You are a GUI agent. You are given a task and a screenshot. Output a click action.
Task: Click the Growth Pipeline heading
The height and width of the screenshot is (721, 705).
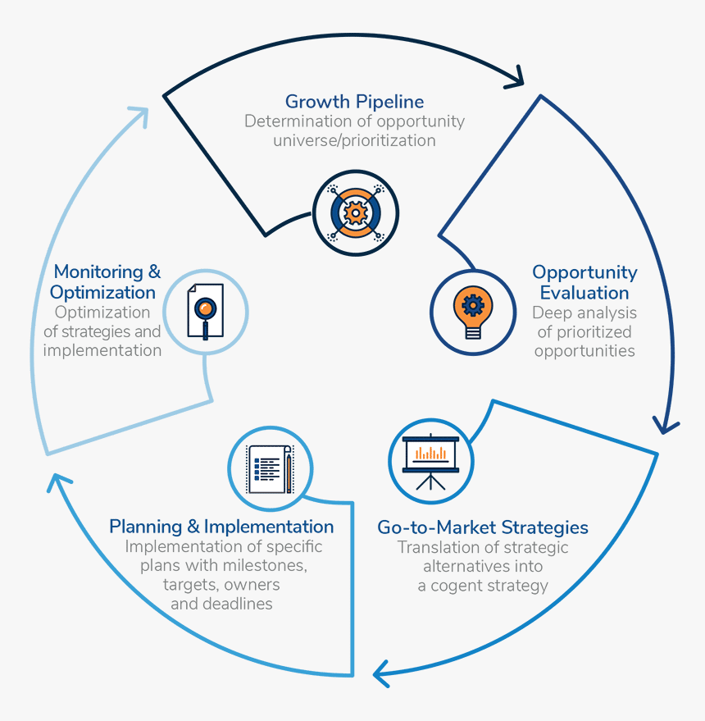[x=354, y=102]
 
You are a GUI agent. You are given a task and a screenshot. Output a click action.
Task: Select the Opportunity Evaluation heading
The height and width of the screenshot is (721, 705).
[x=584, y=282]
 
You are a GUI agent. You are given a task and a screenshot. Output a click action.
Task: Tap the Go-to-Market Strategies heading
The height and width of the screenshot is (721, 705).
[x=483, y=527]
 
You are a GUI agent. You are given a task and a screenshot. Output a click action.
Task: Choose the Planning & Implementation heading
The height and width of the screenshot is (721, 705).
[x=221, y=526]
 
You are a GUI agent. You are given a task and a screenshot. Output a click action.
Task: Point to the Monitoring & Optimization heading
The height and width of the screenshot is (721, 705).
[x=104, y=281]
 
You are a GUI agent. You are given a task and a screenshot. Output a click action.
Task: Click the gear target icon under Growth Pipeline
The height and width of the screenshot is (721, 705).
[x=356, y=212]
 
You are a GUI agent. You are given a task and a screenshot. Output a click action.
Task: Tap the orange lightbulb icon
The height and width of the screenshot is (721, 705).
[x=473, y=311]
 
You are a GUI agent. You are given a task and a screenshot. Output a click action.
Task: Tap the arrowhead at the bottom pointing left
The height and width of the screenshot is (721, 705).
[x=381, y=673]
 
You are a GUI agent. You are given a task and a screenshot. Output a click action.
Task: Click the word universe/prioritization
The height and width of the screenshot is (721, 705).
[x=354, y=140]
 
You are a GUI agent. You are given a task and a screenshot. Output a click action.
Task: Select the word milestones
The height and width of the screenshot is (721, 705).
[x=260, y=566]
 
